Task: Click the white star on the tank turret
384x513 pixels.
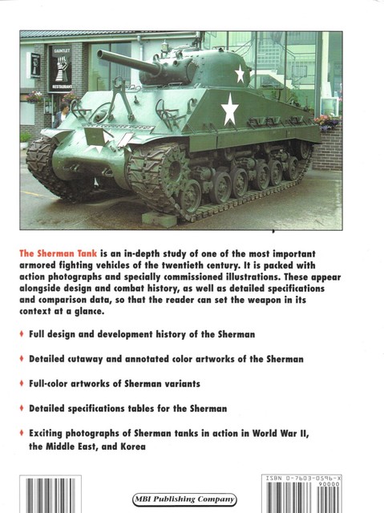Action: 239,75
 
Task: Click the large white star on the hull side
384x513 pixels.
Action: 230,110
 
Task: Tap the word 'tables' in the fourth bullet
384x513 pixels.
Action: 156,409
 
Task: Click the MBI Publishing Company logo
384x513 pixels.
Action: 191,499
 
